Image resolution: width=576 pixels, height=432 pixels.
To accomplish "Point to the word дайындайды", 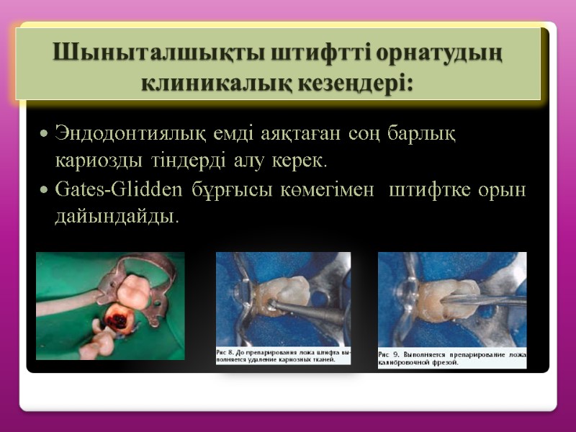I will coord(115,215).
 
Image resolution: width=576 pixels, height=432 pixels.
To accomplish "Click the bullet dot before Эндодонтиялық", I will coord(45,135).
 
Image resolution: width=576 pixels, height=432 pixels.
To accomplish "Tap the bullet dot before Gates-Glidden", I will coord(45,190).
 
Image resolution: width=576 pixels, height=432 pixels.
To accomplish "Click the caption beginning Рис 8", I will coord(284,355).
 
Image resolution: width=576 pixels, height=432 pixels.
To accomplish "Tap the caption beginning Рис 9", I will coord(452,358).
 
